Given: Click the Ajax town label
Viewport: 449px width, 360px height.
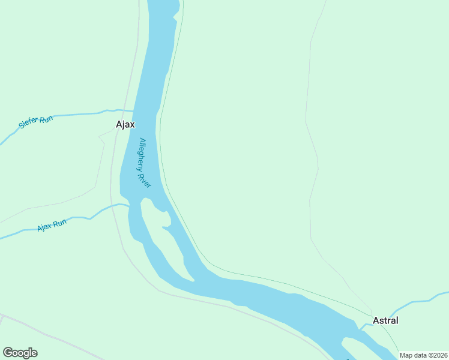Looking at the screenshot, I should (125, 125).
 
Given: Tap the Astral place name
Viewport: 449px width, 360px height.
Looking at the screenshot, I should (385, 320).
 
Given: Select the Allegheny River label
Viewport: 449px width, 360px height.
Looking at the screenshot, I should (145, 163).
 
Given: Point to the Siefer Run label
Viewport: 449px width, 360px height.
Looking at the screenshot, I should (36, 122).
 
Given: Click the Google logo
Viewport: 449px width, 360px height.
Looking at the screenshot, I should (20, 353).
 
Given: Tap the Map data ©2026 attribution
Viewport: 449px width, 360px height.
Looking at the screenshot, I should (423, 355).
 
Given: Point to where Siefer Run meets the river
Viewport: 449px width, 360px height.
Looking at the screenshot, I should (133, 111).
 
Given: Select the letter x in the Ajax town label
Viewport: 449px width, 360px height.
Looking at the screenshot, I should (132, 125).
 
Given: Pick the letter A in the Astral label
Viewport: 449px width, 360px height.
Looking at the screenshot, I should (376, 320).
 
